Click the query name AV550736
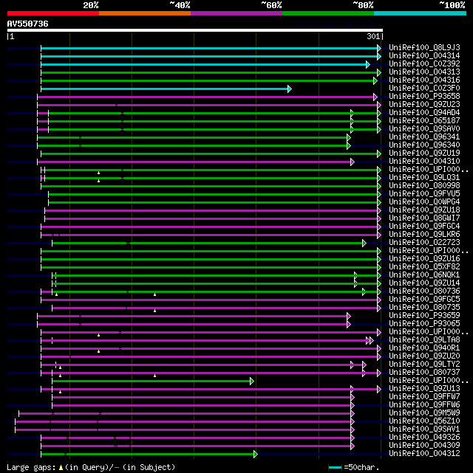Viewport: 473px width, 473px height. pyautogui.click(x=28, y=24)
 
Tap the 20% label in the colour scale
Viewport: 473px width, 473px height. pyautogui.click(x=91, y=5)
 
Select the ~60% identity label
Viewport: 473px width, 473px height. pyautogui.click(x=270, y=5)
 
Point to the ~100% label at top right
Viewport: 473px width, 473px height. pyautogui.click(x=452, y=5)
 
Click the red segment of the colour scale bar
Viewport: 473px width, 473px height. pyautogui.click(x=52, y=13)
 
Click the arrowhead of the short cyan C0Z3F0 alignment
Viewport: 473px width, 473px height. pyautogui.click(x=289, y=89)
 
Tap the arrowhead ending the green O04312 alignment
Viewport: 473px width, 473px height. pyautogui.click(x=255, y=454)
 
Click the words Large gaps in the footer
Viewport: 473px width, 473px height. pyautogui.click(x=29, y=467)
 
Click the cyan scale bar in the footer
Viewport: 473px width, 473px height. pyautogui.click(x=335, y=467)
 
